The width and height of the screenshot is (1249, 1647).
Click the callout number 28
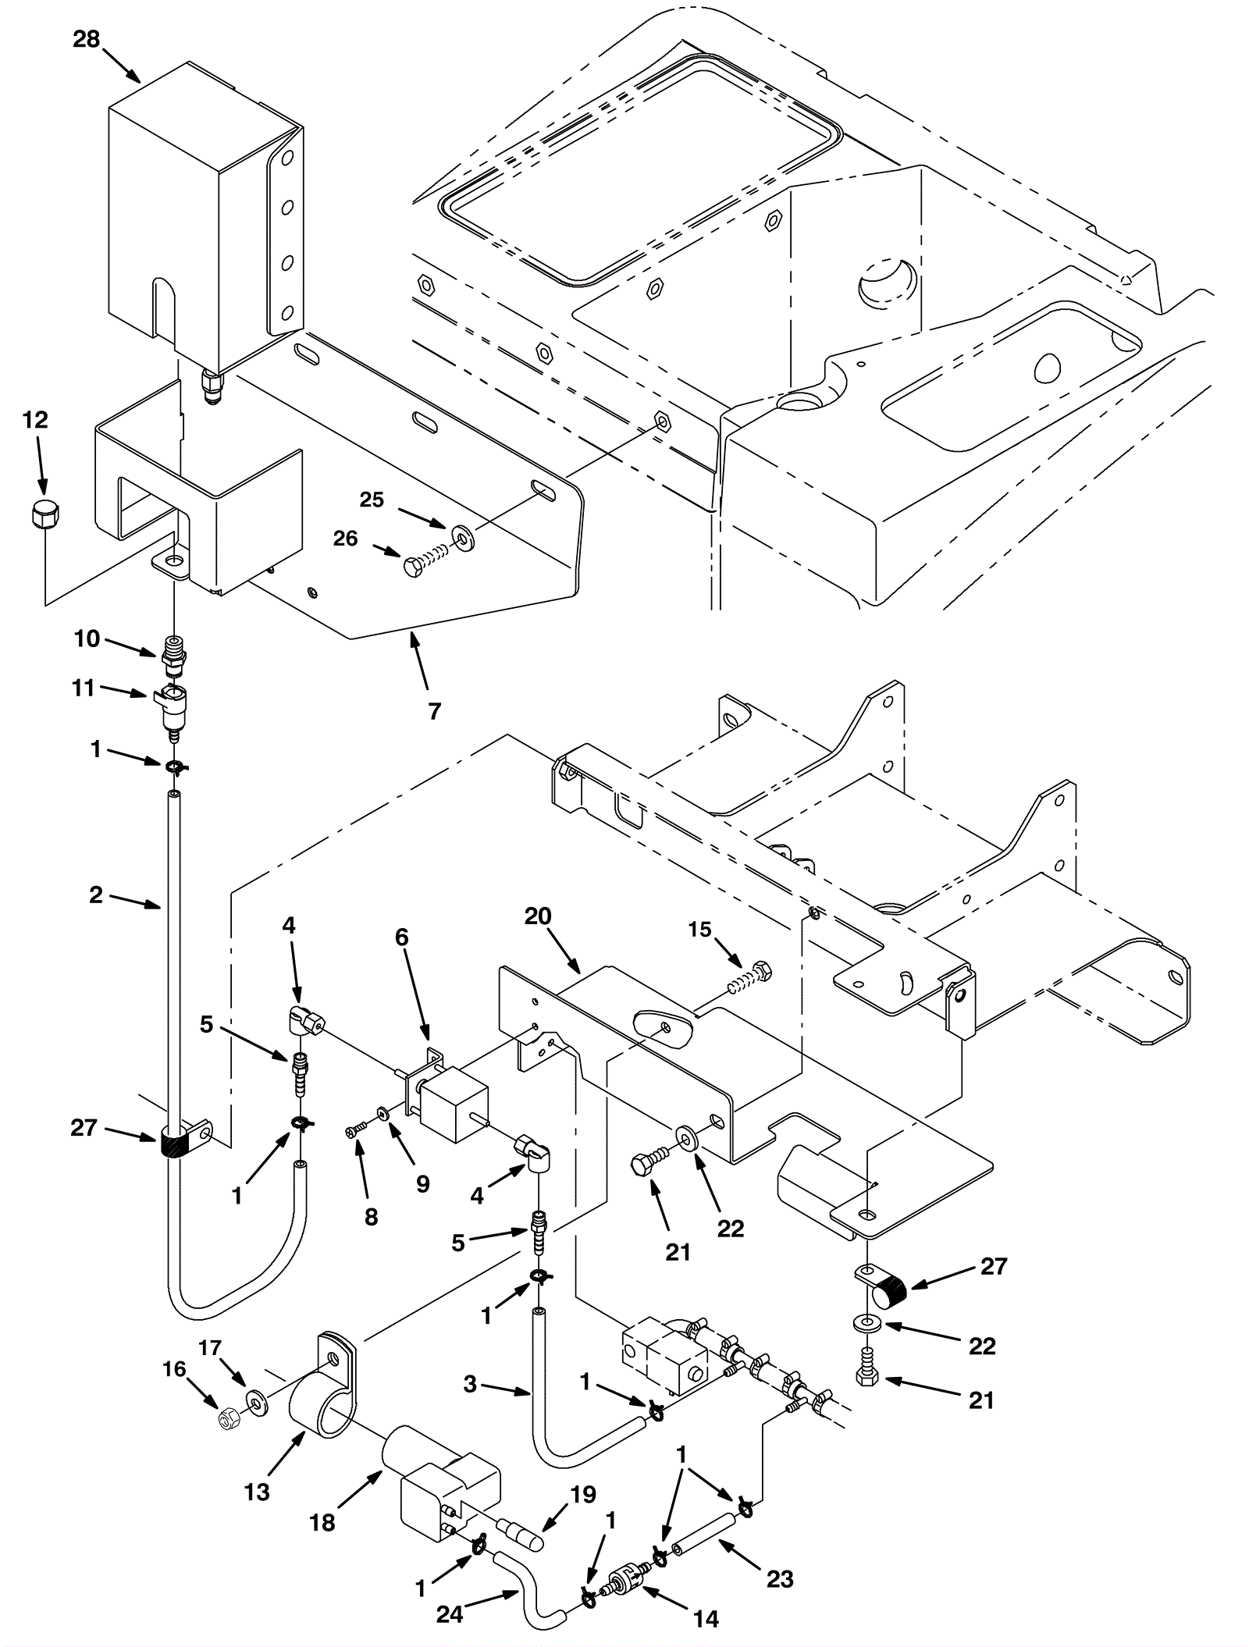pyautogui.click(x=87, y=39)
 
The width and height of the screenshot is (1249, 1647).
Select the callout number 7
pyautogui.click(x=435, y=710)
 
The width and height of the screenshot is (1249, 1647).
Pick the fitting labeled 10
pyautogui.click(x=173, y=654)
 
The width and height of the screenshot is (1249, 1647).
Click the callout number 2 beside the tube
pyautogui.click(x=96, y=895)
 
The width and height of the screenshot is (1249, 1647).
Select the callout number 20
pyautogui.click(x=538, y=916)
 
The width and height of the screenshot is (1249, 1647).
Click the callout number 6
pyautogui.click(x=401, y=937)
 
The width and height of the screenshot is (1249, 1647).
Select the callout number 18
pyautogui.click(x=322, y=1544)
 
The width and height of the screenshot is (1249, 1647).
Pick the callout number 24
pyautogui.click(x=450, y=1614)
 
